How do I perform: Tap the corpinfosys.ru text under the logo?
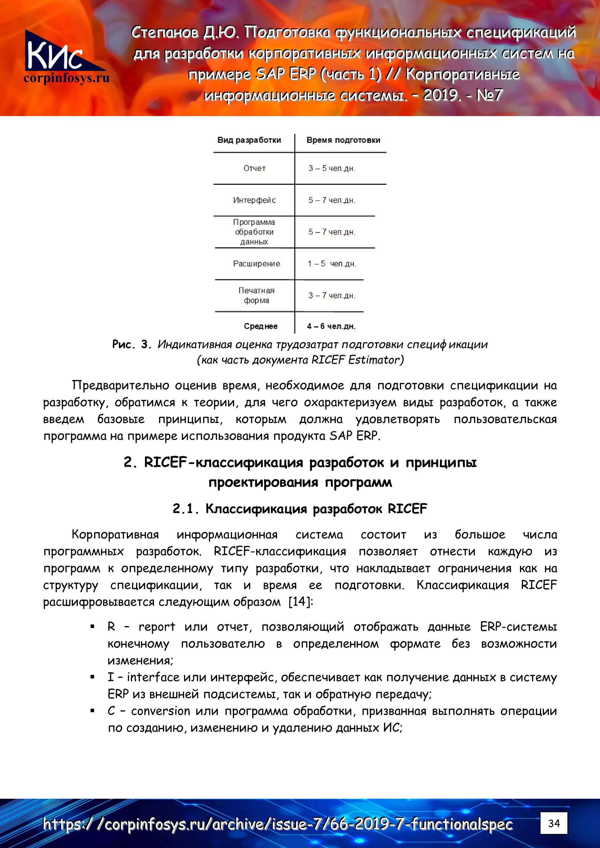pyautogui.click(x=67, y=78)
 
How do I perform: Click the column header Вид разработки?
pyautogui.click(x=249, y=140)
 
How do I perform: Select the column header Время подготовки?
pyautogui.click(x=343, y=140)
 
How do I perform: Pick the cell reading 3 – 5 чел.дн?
pyautogui.click(x=332, y=168)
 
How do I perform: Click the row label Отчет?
pyautogui.click(x=254, y=168)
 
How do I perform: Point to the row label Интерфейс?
pyautogui.click(x=254, y=200)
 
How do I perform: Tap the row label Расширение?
pyautogui.click(x=257, y=264)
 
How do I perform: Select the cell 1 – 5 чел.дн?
pyautogui.click(x=332, y=264)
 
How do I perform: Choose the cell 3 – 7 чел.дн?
pyautogui.click(x=332, y=295)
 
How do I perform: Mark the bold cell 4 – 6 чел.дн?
pyautogui.click(x=331, y=326)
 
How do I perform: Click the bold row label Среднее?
pyautogui.click(x=261, y=326)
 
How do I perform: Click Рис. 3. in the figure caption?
pyautogui.click(x=132, y=345)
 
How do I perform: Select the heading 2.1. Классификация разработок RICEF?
pyautogui.click(x=300, y=509)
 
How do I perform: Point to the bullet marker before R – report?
pyautogui.click(x=92, y=627)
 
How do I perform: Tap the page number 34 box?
pyautogui.click(x=553, y=823)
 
